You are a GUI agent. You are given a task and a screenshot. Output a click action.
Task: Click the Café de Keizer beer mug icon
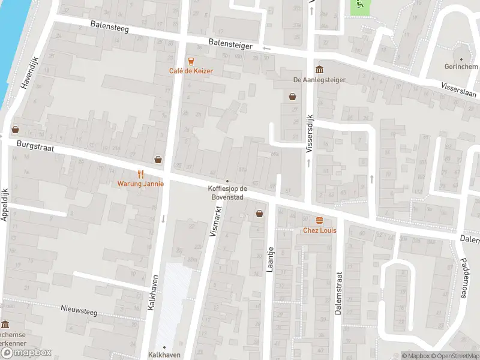191,61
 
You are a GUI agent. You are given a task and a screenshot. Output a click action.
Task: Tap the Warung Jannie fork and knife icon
140,174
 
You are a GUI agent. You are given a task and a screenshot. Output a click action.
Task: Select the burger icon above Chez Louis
319,220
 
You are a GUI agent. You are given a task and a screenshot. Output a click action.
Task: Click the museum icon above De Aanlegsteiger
319,69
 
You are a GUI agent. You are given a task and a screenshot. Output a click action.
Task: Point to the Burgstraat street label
32,145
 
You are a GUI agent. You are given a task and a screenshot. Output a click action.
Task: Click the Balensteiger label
231,44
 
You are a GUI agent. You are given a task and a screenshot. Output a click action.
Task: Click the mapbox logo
26,353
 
